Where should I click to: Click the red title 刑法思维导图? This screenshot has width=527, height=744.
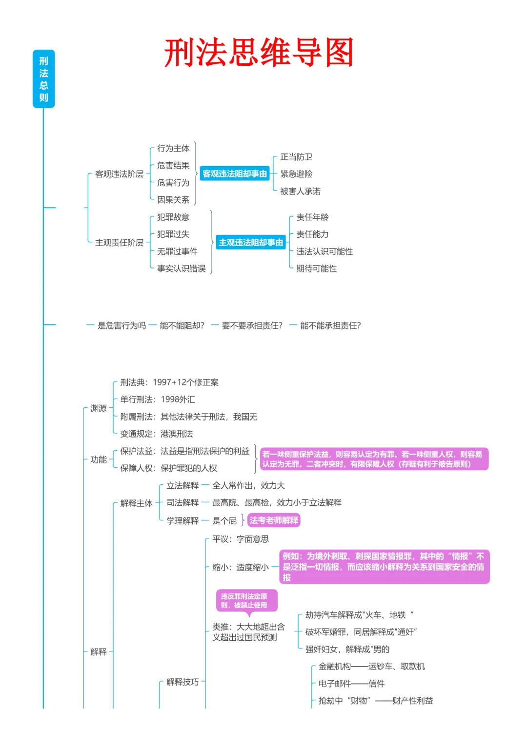[x=259, y=53]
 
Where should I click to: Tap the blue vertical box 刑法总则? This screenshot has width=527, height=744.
[x=44, y=79]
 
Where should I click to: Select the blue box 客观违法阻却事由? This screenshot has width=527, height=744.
[x=235, y=174]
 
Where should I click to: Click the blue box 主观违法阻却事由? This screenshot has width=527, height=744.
[x=251, y=243]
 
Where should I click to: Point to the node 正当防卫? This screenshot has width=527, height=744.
[x=296, y=157]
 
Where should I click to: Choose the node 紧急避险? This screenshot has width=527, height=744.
[x=296, y=174]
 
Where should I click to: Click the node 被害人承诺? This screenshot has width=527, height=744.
[x=300, y=191]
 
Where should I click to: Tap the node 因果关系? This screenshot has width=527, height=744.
[x=173, y=200]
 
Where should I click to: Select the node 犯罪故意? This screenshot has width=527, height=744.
[x=173, y=217]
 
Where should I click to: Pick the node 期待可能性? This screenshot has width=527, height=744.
[x=316, y=268]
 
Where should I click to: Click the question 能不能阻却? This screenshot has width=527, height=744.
[x=182, y=325]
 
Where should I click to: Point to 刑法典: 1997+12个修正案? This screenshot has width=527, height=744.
[x=169, y=382]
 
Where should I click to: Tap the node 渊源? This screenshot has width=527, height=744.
[x=99, y=408]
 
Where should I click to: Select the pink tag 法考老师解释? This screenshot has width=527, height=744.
[x=274, y=520]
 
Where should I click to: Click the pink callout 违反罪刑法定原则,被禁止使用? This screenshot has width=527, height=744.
[x=247, y=601]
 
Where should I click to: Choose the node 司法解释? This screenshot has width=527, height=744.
[x=182, y=502]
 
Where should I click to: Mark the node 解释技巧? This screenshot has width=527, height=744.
[x=182, y=682]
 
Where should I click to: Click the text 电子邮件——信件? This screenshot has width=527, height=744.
[x=351, y=684]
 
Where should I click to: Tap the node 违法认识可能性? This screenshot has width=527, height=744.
[x=324, y=251]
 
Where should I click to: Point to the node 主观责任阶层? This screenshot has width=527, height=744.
[x=119, y=243]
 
